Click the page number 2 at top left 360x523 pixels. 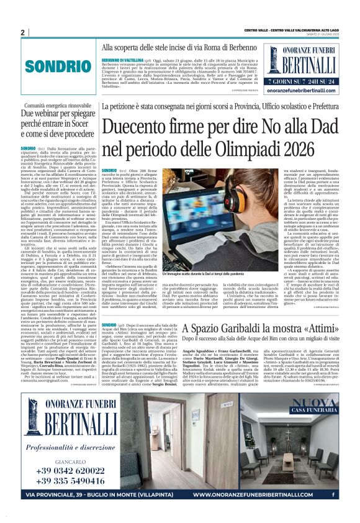[x=22, y=32]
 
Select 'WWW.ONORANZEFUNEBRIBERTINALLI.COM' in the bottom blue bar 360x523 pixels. [x=261, y=495]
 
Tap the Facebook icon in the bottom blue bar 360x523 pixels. [x=335, y=495]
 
